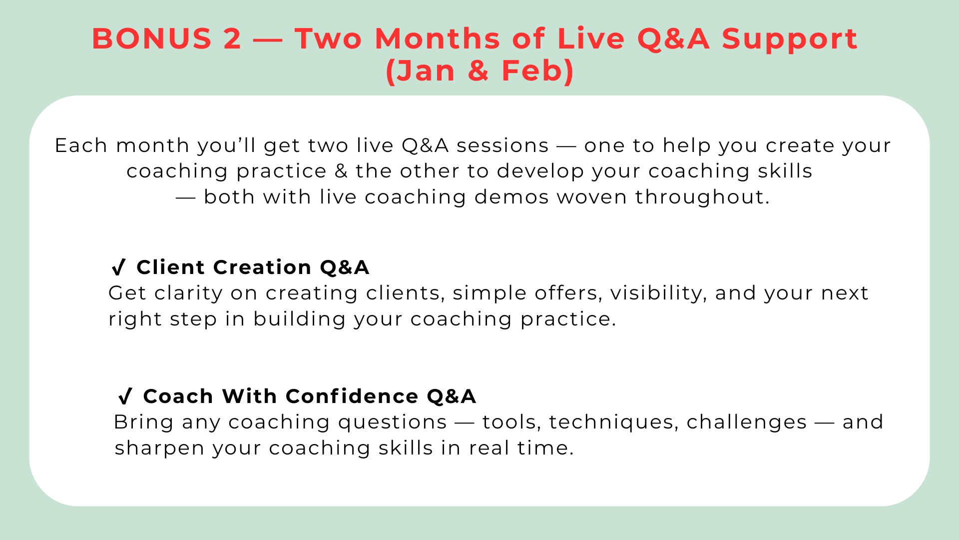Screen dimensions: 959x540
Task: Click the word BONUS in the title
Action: (x=152, y=38)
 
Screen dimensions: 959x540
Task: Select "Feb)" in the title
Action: (x=538, y=71)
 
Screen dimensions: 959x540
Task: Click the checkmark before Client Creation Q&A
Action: (x=119, y=267)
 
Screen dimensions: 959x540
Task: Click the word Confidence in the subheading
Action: (x=352, y=396)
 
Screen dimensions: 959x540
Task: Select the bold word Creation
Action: (x=262, y=267)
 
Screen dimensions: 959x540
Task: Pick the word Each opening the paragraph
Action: (x=81, y=145)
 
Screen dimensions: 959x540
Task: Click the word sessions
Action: (x=502, y=145)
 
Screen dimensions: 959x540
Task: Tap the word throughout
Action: (x=702, y=197)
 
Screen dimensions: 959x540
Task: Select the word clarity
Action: (x=188, y=293)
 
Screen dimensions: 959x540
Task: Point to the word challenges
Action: (x=747, y=422)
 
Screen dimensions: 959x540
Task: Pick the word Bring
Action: (x=144, y=422)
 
